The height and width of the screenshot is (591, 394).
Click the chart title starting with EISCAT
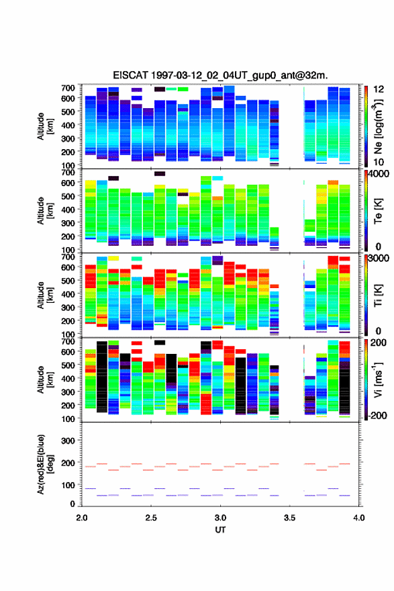220,75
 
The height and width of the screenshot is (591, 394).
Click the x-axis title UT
220,530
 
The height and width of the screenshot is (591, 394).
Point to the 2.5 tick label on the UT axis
151,518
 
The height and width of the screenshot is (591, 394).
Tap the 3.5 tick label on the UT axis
290,518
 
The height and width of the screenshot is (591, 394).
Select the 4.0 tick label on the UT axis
359,518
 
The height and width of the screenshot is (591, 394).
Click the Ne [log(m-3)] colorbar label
378,126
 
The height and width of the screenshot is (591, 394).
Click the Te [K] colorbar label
378,211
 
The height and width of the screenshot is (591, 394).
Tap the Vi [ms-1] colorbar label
378,379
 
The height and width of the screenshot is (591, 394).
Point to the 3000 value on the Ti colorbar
379,258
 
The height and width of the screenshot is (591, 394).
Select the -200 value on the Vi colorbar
378,415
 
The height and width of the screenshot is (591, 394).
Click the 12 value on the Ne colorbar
379,89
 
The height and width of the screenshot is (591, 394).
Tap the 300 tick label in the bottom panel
68,441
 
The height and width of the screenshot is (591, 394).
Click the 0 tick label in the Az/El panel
72,504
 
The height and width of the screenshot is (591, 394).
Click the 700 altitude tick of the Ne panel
68,88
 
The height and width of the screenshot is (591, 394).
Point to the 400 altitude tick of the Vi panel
68,378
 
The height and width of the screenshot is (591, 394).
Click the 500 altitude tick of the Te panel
68,196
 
